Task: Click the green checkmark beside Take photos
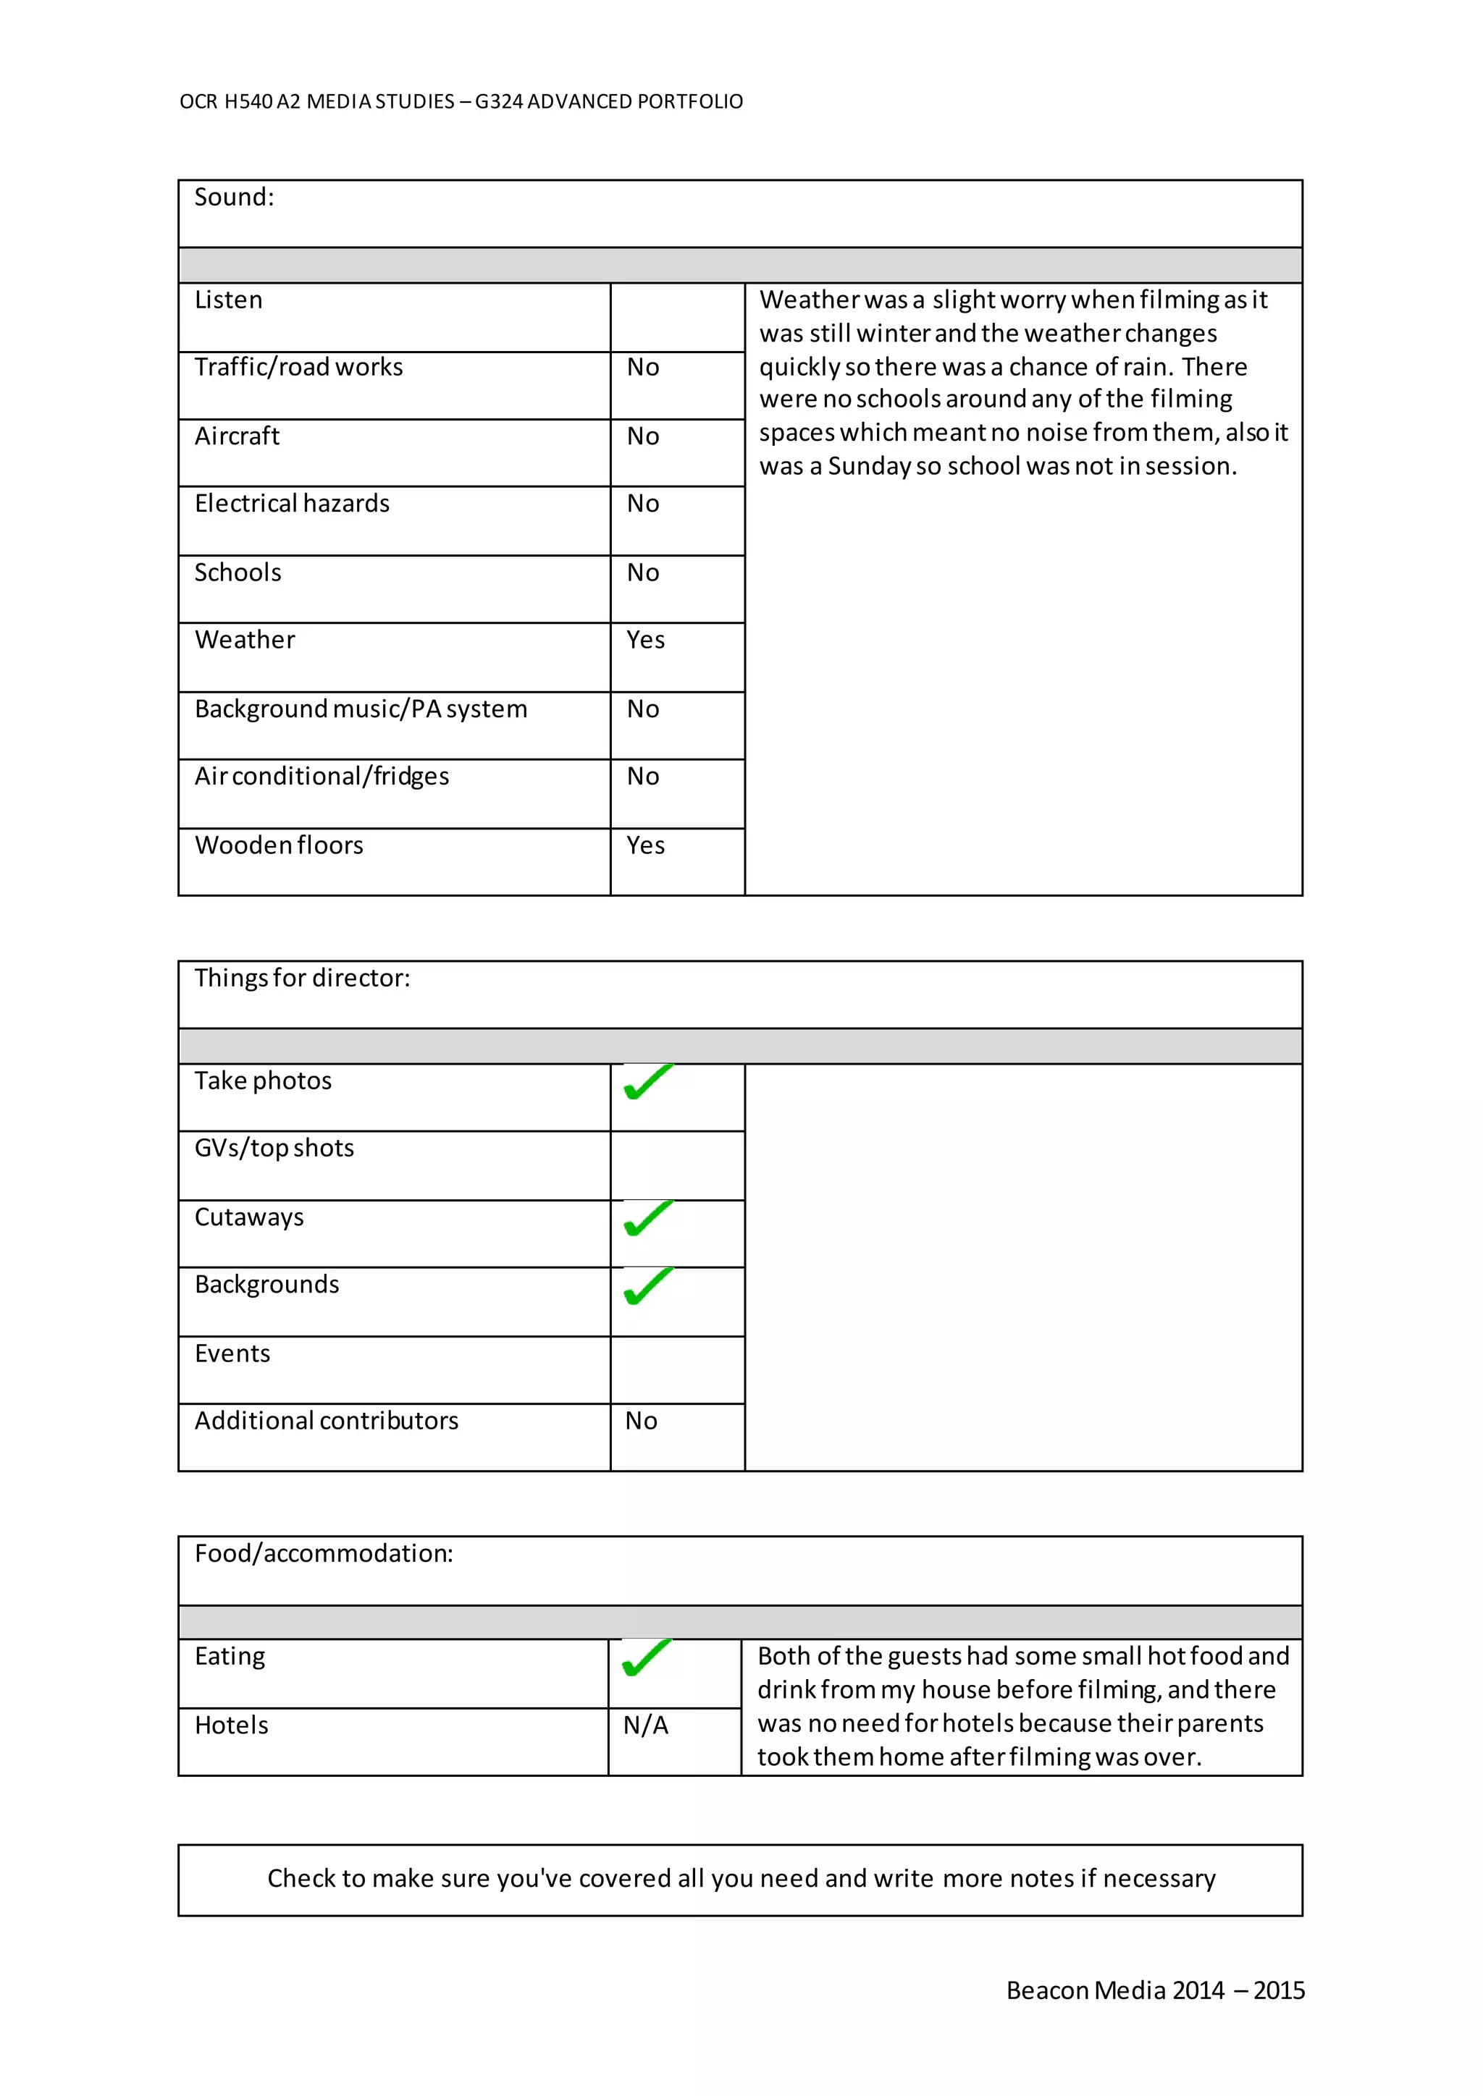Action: tap(647, 1083)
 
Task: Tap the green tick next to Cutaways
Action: tap(647, 1220)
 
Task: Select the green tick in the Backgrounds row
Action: tap(647, 1286)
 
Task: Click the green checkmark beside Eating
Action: tap(646, 1659)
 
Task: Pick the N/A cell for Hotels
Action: tap(646, 1725)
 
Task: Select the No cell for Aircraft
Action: tap(643, 436)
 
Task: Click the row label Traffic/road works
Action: tap(298, 367)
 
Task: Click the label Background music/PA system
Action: tap(361, 709)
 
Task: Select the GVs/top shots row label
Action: tap(274, 1149)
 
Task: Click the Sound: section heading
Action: tap(234, 197)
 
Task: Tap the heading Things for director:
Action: tap(302, 978)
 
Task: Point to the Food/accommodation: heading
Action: tap(323, 1553)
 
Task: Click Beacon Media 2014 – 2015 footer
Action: tap(1154, 1990)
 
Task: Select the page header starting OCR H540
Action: tap(461, 101)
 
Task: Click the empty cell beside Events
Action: tap(676, 1369)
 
